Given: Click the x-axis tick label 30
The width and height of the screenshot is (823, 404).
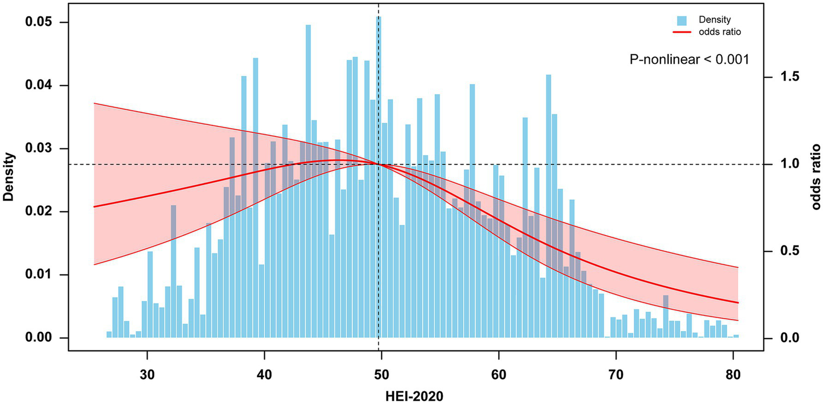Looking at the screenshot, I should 146,372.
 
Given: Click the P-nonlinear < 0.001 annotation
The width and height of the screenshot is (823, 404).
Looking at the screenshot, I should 689,60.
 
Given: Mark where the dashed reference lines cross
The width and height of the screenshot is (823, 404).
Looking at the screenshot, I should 379,164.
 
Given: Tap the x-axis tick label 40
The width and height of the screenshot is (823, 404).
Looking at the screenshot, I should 264,372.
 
